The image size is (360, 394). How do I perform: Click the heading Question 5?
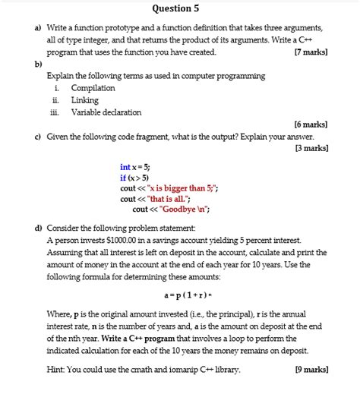(175, 9)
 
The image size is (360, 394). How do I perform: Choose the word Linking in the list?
(84, 100)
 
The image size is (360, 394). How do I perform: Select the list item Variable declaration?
(106, 112)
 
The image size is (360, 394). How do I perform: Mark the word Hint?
(56, 370)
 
